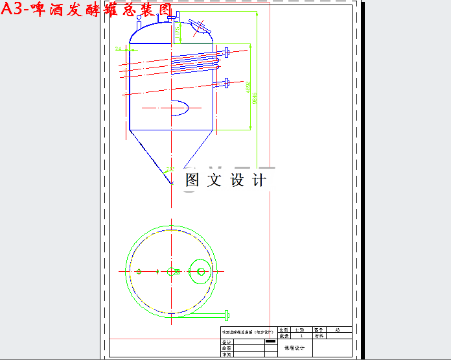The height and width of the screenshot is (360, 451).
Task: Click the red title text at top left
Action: (87, 11)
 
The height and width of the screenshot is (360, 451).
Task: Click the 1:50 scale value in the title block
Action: (299, 330)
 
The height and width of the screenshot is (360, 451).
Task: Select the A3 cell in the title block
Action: (337, 330)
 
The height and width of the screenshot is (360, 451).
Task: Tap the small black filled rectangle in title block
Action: (270, 341)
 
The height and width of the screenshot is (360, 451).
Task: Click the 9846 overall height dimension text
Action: (255, 97)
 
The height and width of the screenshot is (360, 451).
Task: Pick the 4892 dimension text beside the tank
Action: (248, 88)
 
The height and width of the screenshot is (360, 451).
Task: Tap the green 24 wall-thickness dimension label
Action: (119, 49)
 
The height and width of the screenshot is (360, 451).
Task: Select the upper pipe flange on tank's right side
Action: (225, 52)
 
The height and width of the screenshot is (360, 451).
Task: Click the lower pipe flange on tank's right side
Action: (225, 82)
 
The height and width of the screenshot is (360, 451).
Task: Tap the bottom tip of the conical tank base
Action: (172, 183)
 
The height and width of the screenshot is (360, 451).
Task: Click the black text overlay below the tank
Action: (225, 180)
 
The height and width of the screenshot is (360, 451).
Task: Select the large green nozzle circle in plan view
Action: (201, 271)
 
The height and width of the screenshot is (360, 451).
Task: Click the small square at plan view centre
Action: (172, 271)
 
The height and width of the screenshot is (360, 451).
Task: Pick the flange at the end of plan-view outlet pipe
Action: (226, 316)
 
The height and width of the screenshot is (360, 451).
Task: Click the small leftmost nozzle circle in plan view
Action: (139, 271)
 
